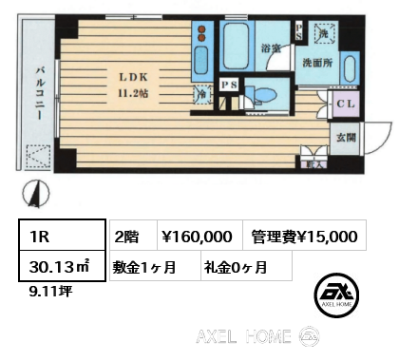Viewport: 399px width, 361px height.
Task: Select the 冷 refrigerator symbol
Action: (x=202, y=94)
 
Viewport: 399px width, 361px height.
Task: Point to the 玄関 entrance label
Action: (x=344, y=136)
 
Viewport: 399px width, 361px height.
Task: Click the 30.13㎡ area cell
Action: (x=54, y=268)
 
